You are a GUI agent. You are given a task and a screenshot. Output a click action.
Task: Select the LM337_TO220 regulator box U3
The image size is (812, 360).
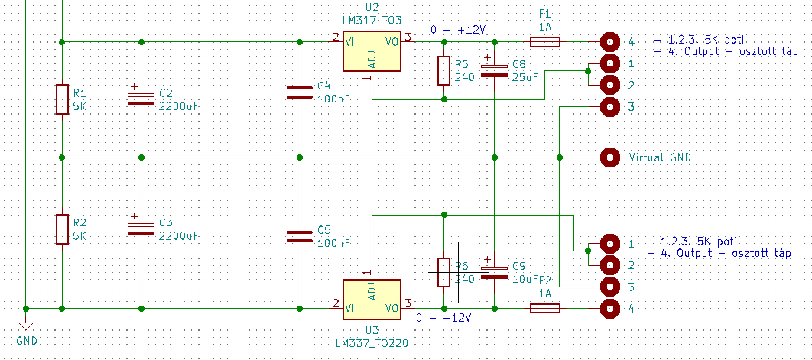372,300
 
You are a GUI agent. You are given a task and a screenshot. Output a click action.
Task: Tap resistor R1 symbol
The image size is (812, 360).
62,99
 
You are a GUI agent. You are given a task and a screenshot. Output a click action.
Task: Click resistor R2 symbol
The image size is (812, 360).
62,229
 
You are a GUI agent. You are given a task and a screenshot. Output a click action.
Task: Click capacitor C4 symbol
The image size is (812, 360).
299,92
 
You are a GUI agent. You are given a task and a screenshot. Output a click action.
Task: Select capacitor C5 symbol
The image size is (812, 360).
299,235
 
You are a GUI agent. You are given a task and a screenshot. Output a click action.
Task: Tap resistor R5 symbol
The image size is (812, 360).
443,70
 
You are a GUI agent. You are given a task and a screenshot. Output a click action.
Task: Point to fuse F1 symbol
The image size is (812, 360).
545,41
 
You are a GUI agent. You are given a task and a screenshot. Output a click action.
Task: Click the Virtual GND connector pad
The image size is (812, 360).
610,157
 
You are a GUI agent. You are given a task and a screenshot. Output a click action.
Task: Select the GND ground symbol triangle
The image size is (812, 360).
25,326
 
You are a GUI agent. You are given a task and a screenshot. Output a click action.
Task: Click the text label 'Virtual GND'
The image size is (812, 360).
660,157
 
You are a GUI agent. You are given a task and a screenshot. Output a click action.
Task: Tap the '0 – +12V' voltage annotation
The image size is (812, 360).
460,30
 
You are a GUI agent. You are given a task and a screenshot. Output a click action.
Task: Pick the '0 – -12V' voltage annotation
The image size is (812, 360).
445,317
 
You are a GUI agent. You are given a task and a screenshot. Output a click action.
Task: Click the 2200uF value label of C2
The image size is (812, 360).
179,106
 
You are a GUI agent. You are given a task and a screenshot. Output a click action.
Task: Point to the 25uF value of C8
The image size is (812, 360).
525,77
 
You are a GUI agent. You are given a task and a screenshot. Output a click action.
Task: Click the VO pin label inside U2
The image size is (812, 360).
391,42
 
